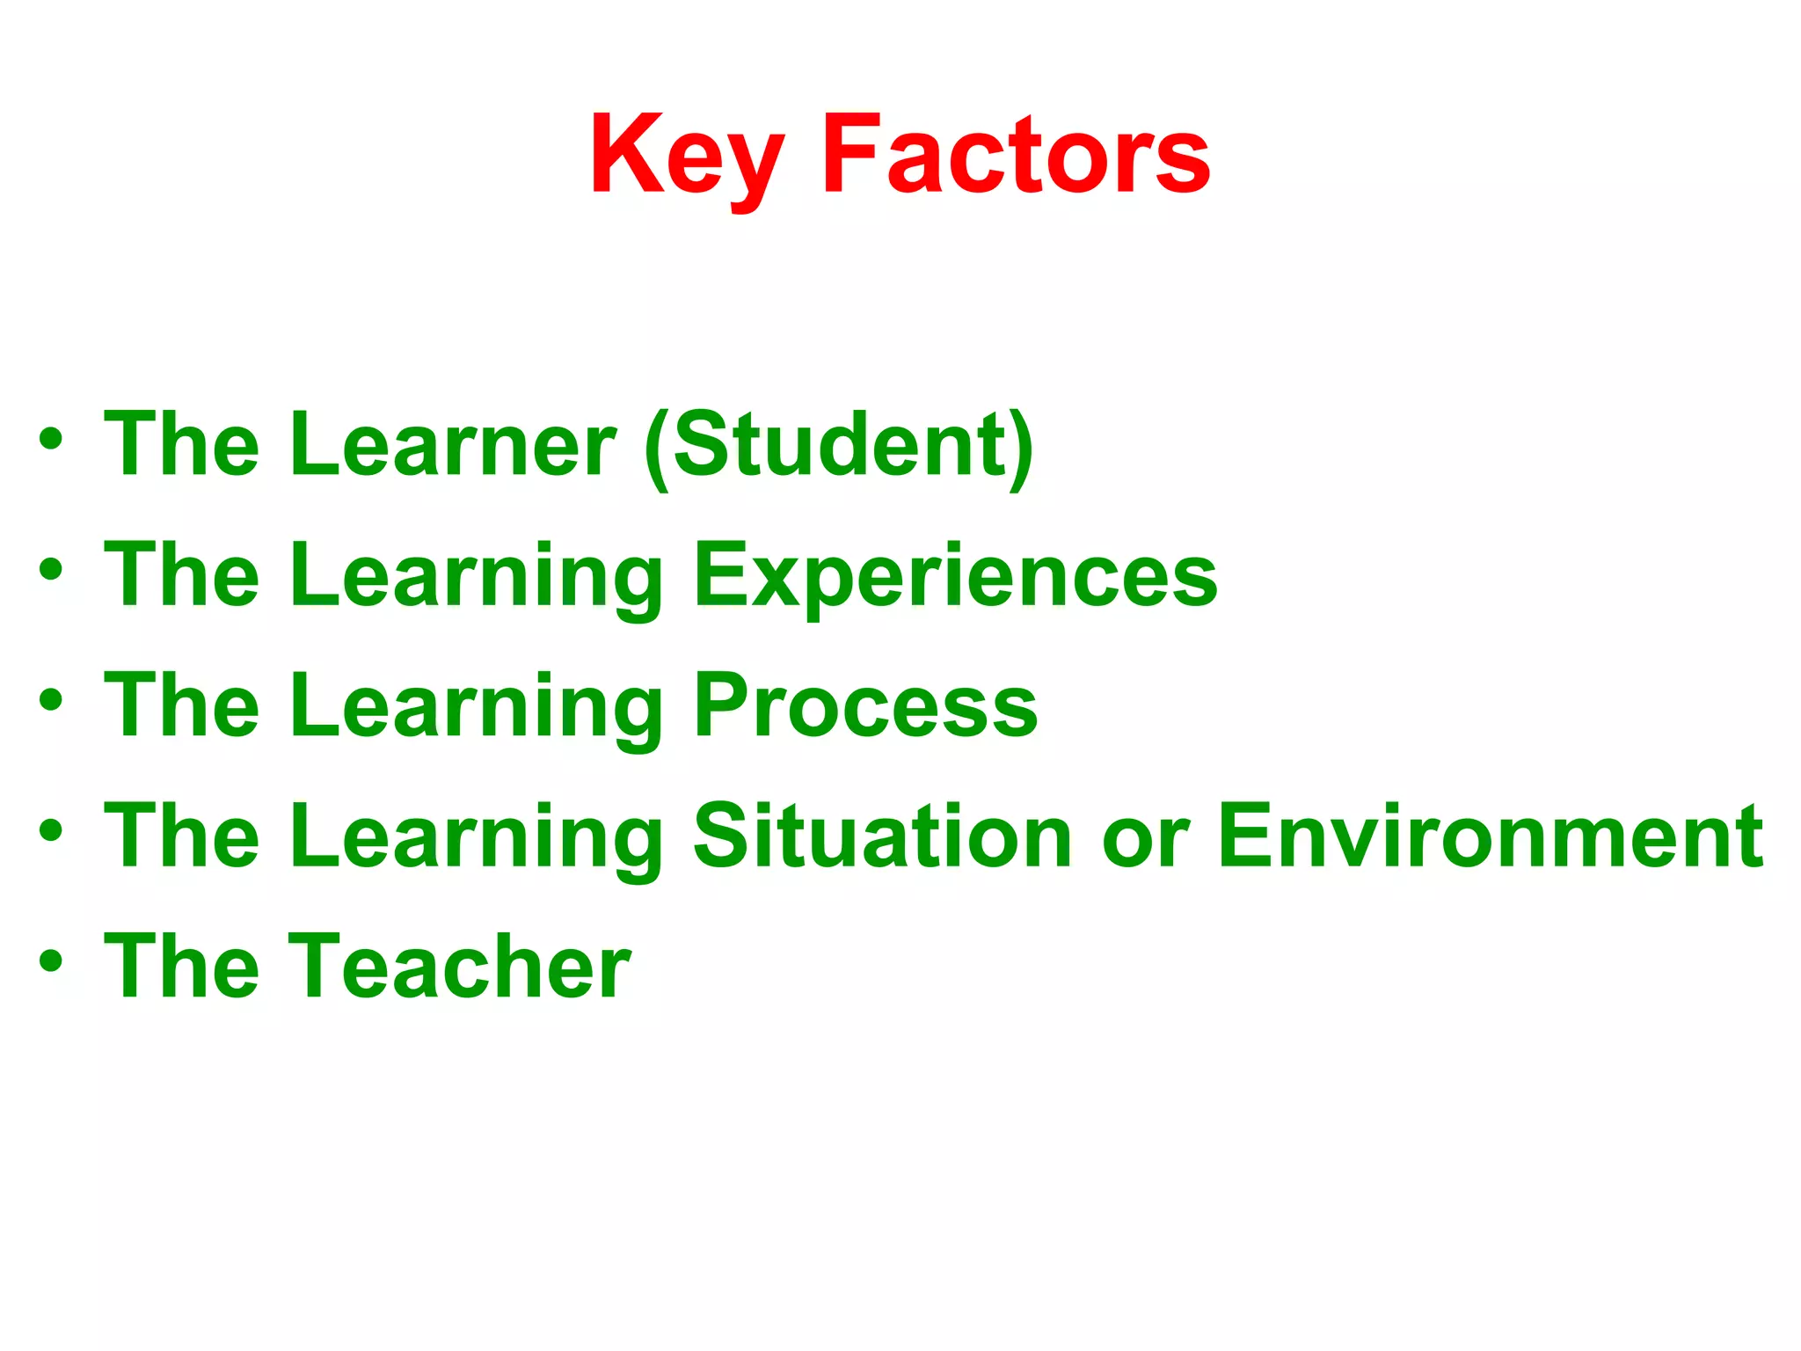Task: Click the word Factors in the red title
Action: (1016, 157)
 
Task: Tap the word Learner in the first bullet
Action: (453, 445)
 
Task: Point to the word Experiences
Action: (955, 576)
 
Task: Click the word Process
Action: (865, 706)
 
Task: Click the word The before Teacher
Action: (182, 967)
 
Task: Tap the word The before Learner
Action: (182, 445)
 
